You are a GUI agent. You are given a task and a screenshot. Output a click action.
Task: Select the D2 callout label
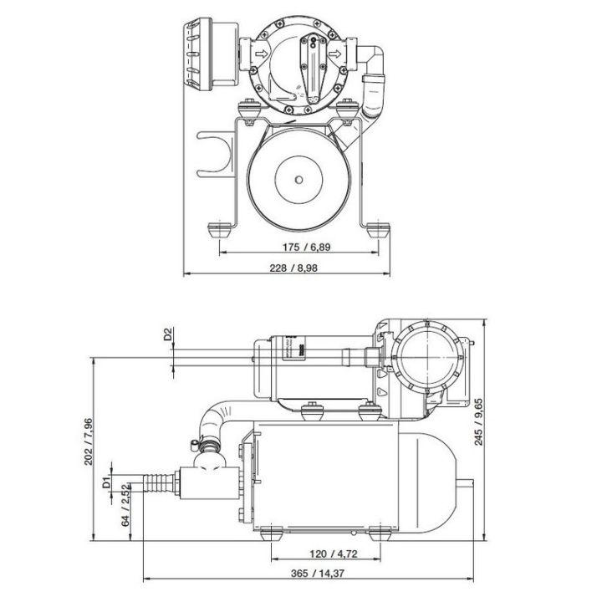tap(167, 334)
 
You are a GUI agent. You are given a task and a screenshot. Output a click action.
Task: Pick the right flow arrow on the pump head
tap(338, 57)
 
